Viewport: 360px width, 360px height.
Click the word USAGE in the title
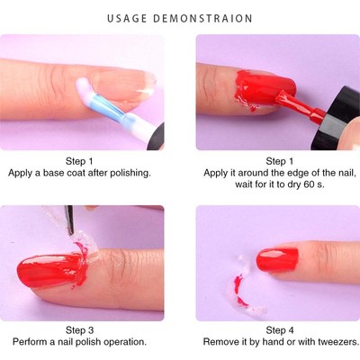tap(130, 18)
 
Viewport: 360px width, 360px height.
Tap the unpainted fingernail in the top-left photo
tap(127, 89)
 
